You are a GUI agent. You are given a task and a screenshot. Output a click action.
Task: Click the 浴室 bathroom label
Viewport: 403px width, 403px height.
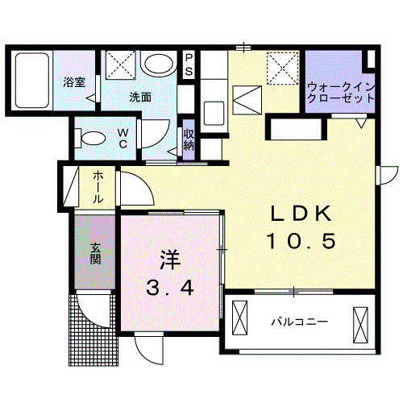[x=73, y=81]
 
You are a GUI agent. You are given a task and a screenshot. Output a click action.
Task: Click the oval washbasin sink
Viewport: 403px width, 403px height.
[x=157, y=64]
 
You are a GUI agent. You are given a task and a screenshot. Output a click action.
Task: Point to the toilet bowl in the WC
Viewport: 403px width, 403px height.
[x=91, y=136]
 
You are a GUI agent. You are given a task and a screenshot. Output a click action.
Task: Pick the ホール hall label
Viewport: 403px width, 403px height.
[x=97, y=187]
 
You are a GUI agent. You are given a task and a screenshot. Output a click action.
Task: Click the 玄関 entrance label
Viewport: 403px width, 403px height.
[x=94, y=254]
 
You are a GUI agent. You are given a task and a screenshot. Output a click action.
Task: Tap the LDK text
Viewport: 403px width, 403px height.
[x=301, y=214]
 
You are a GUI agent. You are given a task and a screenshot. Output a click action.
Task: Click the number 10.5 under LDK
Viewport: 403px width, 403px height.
[x=301, y=240]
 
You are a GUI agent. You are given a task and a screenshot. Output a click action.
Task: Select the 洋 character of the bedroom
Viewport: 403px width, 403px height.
[x=168, y=260]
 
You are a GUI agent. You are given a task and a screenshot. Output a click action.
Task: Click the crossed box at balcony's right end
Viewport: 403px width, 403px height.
[x=359, y=323]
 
